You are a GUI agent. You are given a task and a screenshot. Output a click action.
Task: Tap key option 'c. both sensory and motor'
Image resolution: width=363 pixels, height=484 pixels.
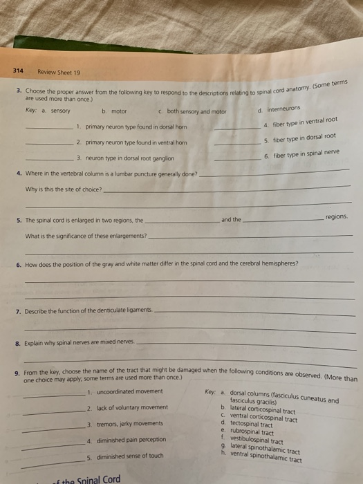[192, 111]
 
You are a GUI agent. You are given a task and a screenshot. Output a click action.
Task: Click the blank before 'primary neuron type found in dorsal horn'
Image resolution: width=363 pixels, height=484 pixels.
[49, 128]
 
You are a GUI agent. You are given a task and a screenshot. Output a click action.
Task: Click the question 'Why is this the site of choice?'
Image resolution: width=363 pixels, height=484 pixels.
[63, 189]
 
